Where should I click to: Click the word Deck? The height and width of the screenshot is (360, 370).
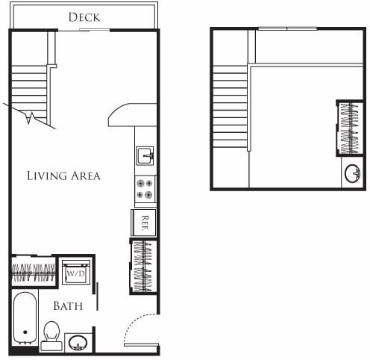click(84, 16)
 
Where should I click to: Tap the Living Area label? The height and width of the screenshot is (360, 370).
click(63, 176)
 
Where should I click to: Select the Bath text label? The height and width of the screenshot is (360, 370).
click(67, 305)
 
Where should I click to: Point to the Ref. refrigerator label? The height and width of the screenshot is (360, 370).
click(144, 221)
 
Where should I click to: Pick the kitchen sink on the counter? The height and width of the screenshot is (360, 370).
click(145, 155)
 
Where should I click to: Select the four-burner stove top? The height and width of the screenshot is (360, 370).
click(145, 188)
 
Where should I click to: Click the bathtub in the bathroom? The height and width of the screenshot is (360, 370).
click(25, 319)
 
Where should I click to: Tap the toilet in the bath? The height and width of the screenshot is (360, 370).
click(51, 333)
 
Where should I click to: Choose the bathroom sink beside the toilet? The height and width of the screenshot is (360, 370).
click(78, 343)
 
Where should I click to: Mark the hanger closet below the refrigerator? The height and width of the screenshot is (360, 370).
click(143, 267)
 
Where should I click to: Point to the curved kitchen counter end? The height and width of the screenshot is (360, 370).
click(123, 114)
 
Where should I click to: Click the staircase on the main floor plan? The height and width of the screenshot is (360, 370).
click(30, 93)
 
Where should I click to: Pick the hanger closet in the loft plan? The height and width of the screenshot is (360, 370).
click(348, 128)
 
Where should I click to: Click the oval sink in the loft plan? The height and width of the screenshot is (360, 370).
click(352, 175)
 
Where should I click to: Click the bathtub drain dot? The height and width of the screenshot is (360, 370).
click(25, 332)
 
